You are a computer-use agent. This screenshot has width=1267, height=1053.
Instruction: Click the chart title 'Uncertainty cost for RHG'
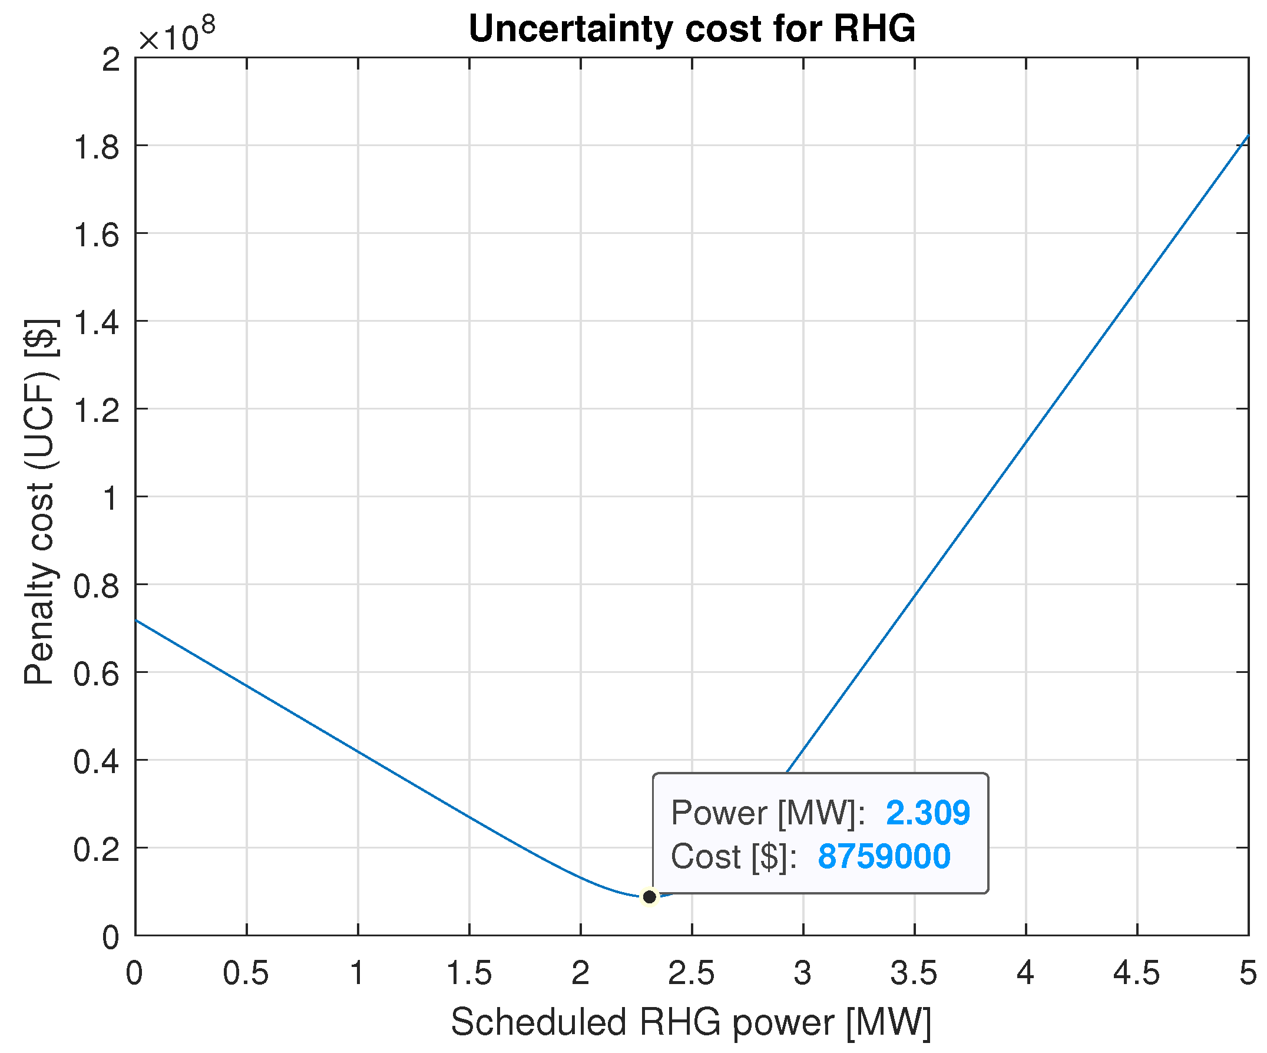click(x=692, y=29)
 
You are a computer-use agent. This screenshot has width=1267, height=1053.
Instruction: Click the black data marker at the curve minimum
click(x=649, y=897)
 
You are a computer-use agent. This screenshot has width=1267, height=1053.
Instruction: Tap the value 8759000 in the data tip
click(x=884, y=856)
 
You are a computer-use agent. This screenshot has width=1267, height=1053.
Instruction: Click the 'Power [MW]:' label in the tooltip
click(x=768, y=813)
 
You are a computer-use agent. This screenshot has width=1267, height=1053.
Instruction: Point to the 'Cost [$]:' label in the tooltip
click(x=733, y=857)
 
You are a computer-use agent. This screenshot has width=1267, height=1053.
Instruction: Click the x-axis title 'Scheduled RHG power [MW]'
click(x=692, y=1022)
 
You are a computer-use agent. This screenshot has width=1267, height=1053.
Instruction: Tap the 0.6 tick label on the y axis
click(x=96, y=674)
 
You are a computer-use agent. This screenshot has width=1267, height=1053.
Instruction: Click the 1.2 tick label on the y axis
click(x=96, y=410)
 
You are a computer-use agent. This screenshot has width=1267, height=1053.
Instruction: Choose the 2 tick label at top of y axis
click(x=111, y=60)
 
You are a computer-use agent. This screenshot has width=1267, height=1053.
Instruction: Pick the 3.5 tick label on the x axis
click(x=914, y=973)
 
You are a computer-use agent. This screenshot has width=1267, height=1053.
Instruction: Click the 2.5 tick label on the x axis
click(x=692, y=973)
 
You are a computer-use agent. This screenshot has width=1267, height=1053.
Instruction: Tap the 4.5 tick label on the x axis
click(x=1137, y=973)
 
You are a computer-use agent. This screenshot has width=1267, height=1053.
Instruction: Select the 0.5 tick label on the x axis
click(x=246, y=973)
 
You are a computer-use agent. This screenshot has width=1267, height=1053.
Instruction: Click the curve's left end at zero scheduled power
click(x=136, y=620)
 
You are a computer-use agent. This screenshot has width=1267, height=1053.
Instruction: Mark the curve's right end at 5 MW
click(x=1247, y=136)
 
